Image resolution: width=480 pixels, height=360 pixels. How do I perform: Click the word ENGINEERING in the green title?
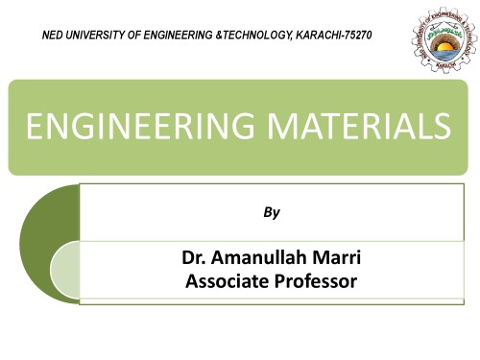point(129,127)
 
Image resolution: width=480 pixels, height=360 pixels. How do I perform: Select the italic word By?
point(272,213)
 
